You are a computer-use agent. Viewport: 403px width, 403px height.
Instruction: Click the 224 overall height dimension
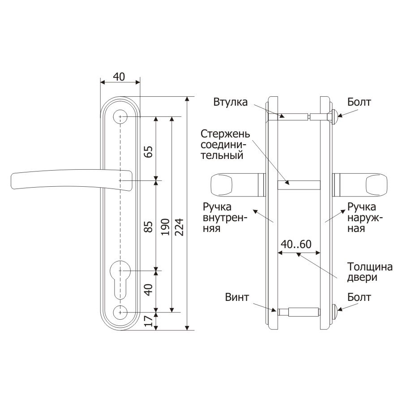click(x=180, y=227)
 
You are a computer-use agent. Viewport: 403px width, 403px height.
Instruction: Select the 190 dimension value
click(x=165, y=227)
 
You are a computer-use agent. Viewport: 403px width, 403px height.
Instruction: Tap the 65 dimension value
click(x=149, y=152)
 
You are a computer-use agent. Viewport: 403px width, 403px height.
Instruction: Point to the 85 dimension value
click(x=149, y=227)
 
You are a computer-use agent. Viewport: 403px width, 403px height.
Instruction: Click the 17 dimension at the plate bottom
click(x=149, y=321)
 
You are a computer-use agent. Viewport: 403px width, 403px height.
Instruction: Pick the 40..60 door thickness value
click(x=296, y=244)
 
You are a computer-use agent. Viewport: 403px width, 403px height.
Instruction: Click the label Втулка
click(x=230, y=102)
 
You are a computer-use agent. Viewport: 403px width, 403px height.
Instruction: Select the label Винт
click(x=237, y=297)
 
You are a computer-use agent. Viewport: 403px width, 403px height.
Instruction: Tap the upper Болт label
click(x=359, y=102)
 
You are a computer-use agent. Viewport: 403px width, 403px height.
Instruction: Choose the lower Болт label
click(x=359, y=297)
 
